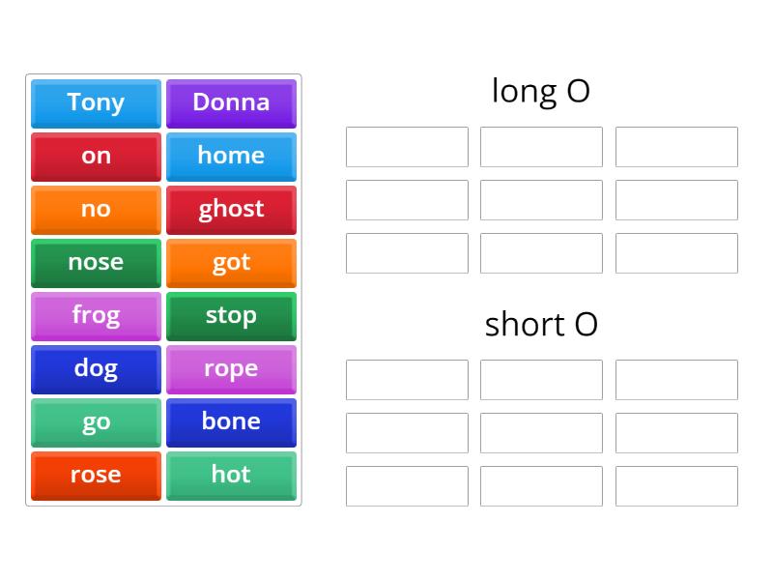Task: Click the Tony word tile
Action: click(96, 102)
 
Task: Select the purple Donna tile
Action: click(231, 102)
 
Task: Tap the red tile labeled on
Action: click(96, 156)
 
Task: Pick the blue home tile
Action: click(231, 156)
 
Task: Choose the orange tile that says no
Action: click(96, 209)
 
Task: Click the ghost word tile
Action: click(231, 209)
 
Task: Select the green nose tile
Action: click(96, 262)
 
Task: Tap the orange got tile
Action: click(231, 262)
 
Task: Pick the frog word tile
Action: click(96, 315)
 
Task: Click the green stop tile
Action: click(231, 315)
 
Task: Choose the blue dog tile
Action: click(96, 368)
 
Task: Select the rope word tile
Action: click(231, 368)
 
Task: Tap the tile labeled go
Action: click(96, 421)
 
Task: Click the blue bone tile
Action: click(231, 421)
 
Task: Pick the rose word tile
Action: click(96, 475)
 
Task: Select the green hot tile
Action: click(231, 475)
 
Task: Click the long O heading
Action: click(541, 91)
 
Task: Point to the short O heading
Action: click(541, 324)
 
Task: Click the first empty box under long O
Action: click(407, 147)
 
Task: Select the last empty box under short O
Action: click(676, 486)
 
